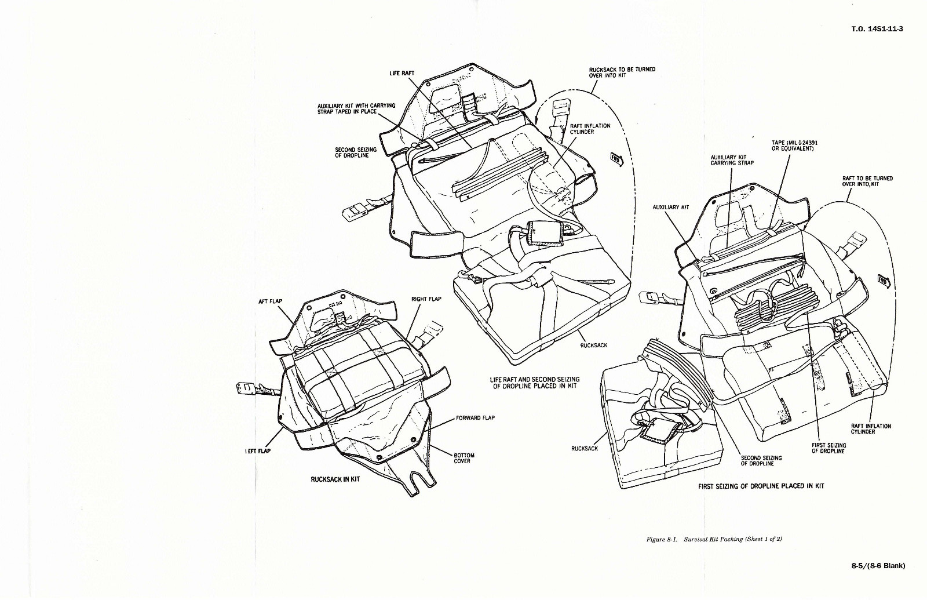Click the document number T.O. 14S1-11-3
[x=877, y=29]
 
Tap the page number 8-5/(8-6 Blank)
[x=878, y=566]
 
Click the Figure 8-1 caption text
[x=714, y=539]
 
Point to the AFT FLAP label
[x=270, y=301]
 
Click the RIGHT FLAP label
[x=426, y=299]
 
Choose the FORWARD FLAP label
[x=475, y=418]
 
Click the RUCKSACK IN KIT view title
[x=335, y=479]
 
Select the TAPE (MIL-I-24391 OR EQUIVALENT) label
[x=794, y=145]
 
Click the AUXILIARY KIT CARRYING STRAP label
[x=732, y=160]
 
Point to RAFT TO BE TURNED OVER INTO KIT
[x=867, y=181]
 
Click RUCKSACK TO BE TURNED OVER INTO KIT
[x=622, y=72]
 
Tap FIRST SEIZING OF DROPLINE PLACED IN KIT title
[x=761, y=486]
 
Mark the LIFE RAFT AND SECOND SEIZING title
[x=534, y=383]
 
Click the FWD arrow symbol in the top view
[x=616, y=159]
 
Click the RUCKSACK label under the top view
[x=593, y=345]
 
